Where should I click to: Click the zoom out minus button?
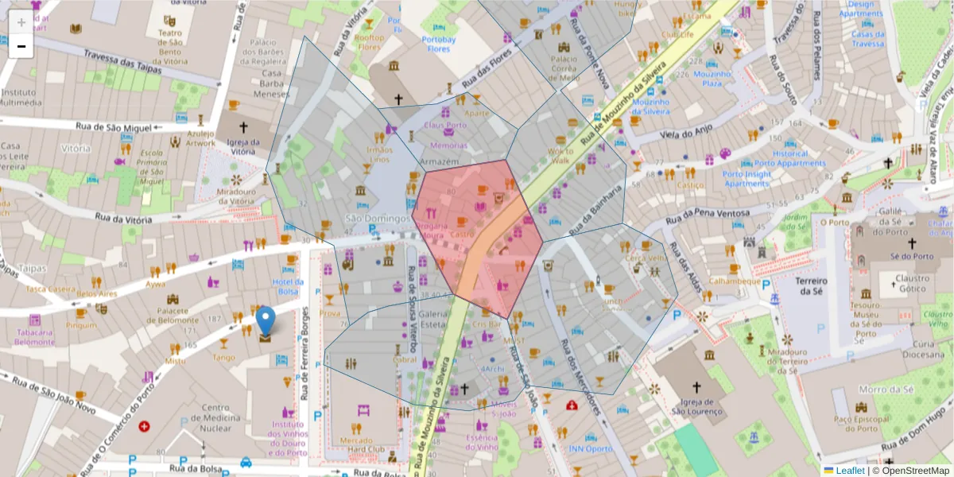[21, 46]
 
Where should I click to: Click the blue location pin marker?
[266, 321]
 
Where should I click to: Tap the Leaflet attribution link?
[850, 471]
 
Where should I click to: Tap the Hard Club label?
[361, 450]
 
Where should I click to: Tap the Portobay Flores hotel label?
[438, 44]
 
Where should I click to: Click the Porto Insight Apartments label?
[747, 179]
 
